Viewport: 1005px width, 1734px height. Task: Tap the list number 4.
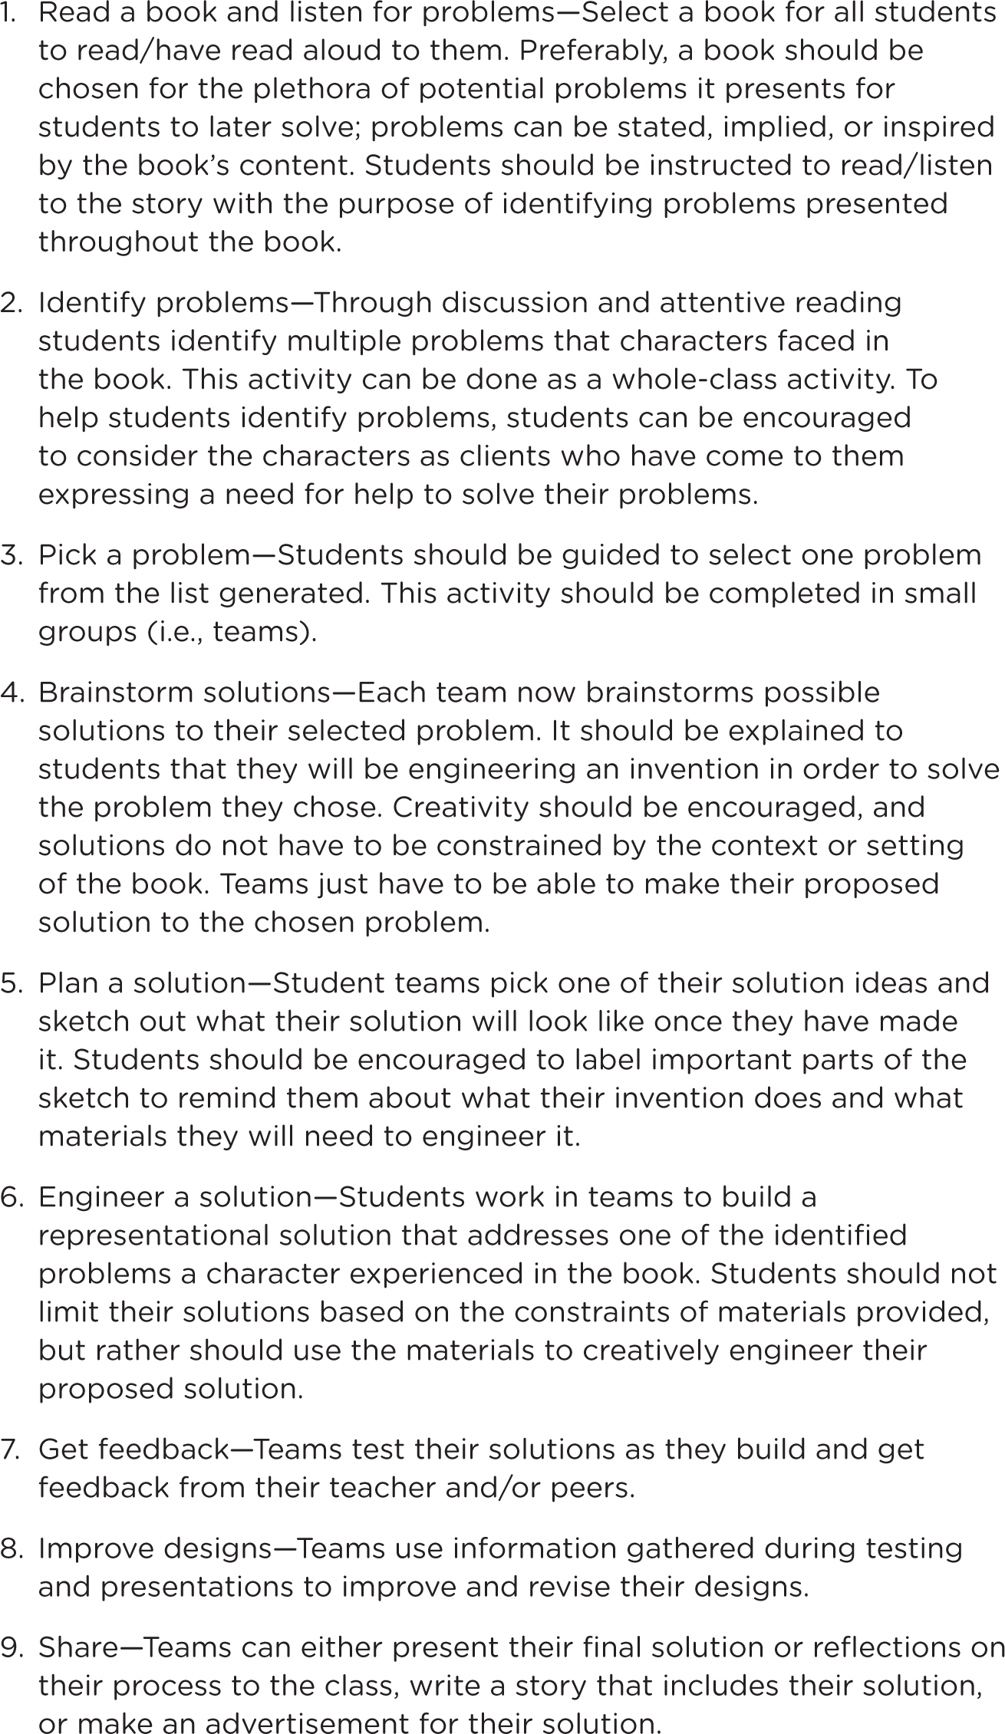tap(12, 693)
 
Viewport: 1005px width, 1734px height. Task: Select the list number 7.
tap(12, 1449)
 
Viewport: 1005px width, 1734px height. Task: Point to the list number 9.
tap(12, 1647)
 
